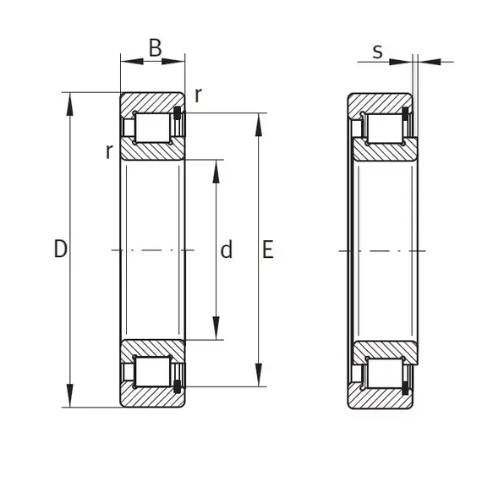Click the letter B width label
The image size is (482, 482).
(156, 48)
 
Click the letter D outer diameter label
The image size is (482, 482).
(60, 249)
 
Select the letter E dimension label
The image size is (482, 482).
(268, 249)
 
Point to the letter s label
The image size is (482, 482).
(377, 52)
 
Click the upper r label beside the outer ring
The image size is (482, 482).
(199, 96)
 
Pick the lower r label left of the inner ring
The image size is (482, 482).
(109, 151)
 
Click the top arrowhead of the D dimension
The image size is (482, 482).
(70, 105)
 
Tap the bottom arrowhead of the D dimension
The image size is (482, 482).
(70, 395)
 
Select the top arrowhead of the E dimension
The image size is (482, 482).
(259, 125)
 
